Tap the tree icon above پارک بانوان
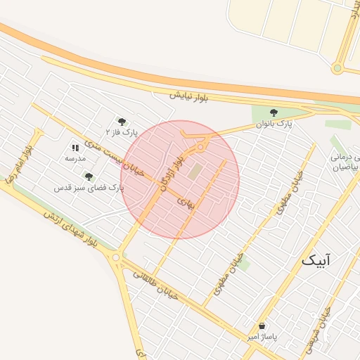(x=274, y=112)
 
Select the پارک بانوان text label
(x=274, y=124)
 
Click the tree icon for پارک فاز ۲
(x=122, y=121)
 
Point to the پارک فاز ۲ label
(x=122, y=131)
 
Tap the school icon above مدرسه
(x=75, y=148)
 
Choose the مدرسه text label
(x=75, y=159)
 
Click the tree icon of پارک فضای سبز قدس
(x=89, y=176)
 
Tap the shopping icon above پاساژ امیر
(x=262, y=326)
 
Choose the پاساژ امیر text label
(x=262, y=337)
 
